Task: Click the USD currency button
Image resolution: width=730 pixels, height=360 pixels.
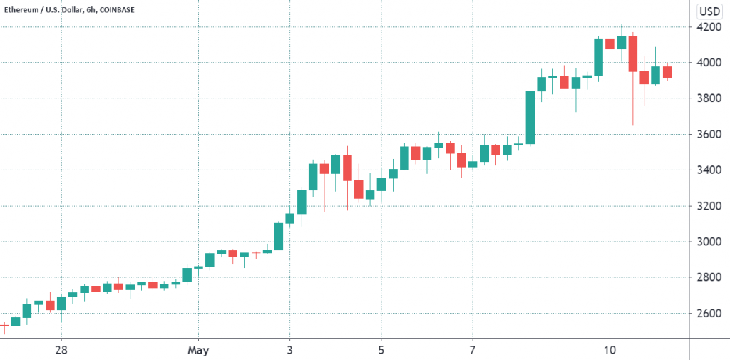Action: coord(708,11)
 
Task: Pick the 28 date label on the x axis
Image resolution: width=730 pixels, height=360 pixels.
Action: coord(61,350)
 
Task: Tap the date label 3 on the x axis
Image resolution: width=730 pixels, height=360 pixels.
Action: coord(289,350)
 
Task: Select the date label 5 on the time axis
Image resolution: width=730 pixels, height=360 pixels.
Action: coord(381,350)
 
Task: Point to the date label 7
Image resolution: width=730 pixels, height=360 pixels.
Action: coord(473,350)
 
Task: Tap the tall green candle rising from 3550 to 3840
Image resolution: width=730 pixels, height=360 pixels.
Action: coord(530,118)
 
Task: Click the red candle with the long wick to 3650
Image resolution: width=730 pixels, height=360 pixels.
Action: coord(632,54)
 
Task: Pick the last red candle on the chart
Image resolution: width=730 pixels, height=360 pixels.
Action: coord(667,71)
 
